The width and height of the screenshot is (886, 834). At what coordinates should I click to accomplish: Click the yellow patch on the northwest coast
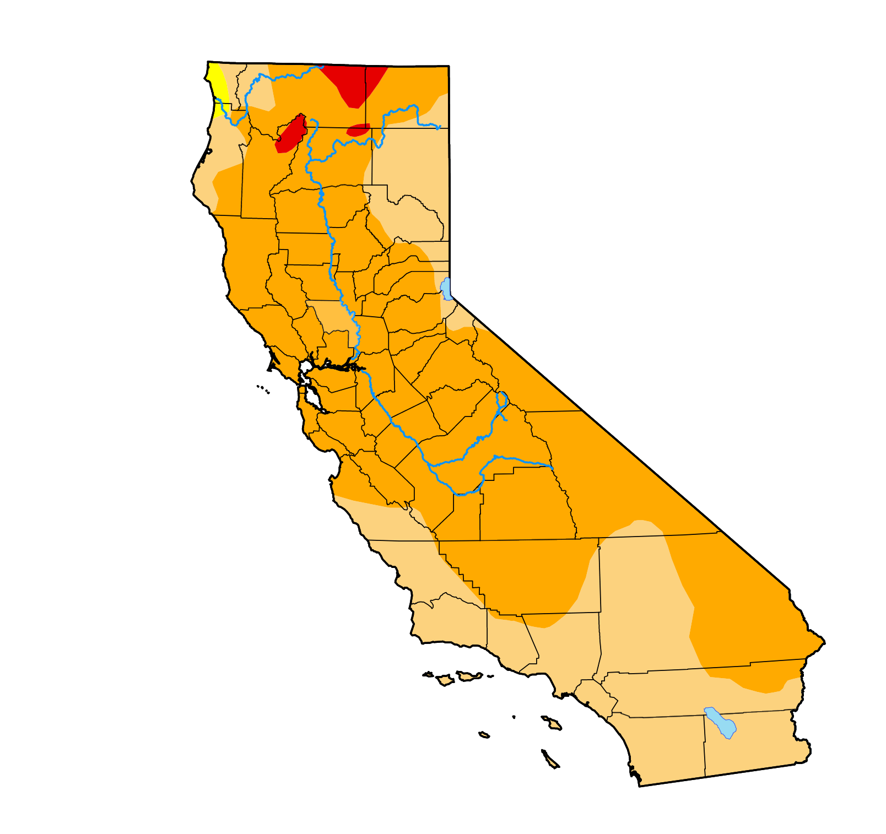point(218,83)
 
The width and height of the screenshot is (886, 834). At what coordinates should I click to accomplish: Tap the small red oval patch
point(358,131)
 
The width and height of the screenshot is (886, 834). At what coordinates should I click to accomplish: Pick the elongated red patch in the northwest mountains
point(291,134)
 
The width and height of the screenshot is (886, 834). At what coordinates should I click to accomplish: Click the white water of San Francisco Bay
point(311,397)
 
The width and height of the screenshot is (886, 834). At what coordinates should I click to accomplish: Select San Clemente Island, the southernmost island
point(550,759)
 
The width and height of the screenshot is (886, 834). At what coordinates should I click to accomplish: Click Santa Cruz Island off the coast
point(468,675)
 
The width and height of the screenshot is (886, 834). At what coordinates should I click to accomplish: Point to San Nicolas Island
point(484,734)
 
